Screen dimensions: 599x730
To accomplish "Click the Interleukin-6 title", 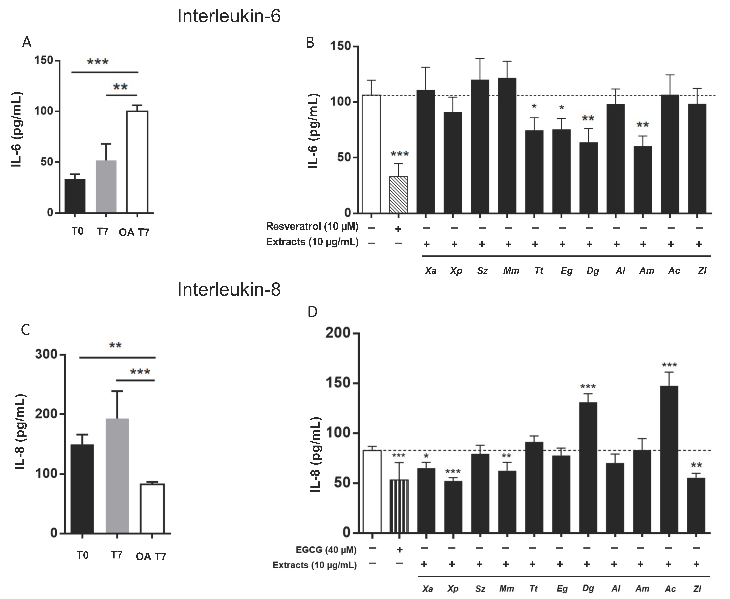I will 229,16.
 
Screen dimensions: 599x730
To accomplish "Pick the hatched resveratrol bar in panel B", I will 398,195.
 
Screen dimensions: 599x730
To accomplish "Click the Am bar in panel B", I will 642,179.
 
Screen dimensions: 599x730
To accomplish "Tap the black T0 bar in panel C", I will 82,489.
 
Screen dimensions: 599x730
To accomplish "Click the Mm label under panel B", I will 511,271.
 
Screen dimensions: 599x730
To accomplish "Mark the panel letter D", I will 312,312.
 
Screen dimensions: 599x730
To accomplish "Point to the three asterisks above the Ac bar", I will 669,365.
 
